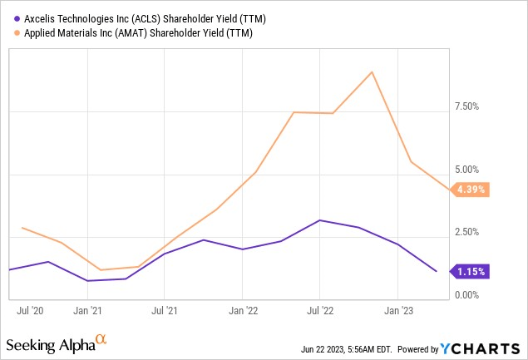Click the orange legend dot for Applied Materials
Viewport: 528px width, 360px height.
point(12,33)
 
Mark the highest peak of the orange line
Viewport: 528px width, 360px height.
point(371,72)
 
